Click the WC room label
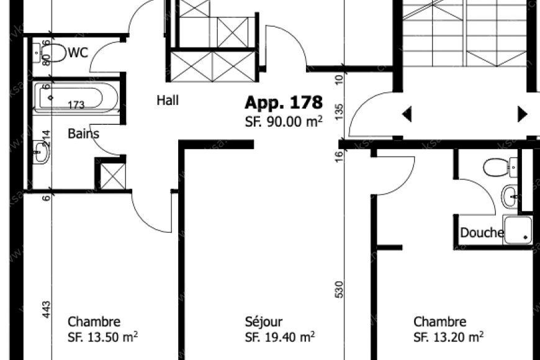[78, 53]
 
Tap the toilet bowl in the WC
[56, 53]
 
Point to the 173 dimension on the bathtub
[76, 105]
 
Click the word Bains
[83, 133]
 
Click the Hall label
[168, 100]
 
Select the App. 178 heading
[283, 102]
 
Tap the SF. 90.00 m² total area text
[283, 122]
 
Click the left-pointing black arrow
[407, 114]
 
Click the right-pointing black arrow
[522, 114]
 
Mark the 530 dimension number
[339, 289]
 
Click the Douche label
[482, 233]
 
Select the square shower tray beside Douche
[518, 230]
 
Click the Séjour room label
[264, 322]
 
